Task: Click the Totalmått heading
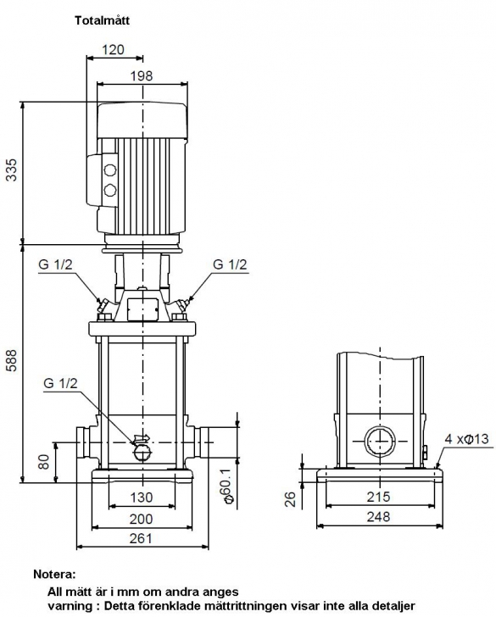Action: click(x=103, y=20)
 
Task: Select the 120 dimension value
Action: click(x=114, y=49)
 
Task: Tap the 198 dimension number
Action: click(x=142, y=75)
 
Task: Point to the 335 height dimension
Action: click(x=12, y=170)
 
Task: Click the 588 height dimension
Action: click(x=12, y=359)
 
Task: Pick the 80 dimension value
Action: click(x=44, y=462)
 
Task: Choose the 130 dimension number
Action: click(x=142, y=497)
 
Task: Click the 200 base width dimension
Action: click(x=142, y=519)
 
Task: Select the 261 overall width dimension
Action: click(x=141, y=538)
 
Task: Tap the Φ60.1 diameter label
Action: click(x=227, y=486)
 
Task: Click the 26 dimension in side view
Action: click(x=290, y=499)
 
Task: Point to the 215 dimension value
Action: click(x=379, y=497)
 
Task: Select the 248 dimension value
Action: click(x=379, y=517)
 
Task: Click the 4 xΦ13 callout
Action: click(x=467, y=439)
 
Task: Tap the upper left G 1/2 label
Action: click(x=55, y=264)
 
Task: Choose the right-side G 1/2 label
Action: click(x=230, y=264)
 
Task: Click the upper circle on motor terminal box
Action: click(x=110, y=170)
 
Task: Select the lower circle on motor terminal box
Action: click(x=110, y=191)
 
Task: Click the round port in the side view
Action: click(x=380, y=442)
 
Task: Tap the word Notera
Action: click(x=54, y=574)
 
